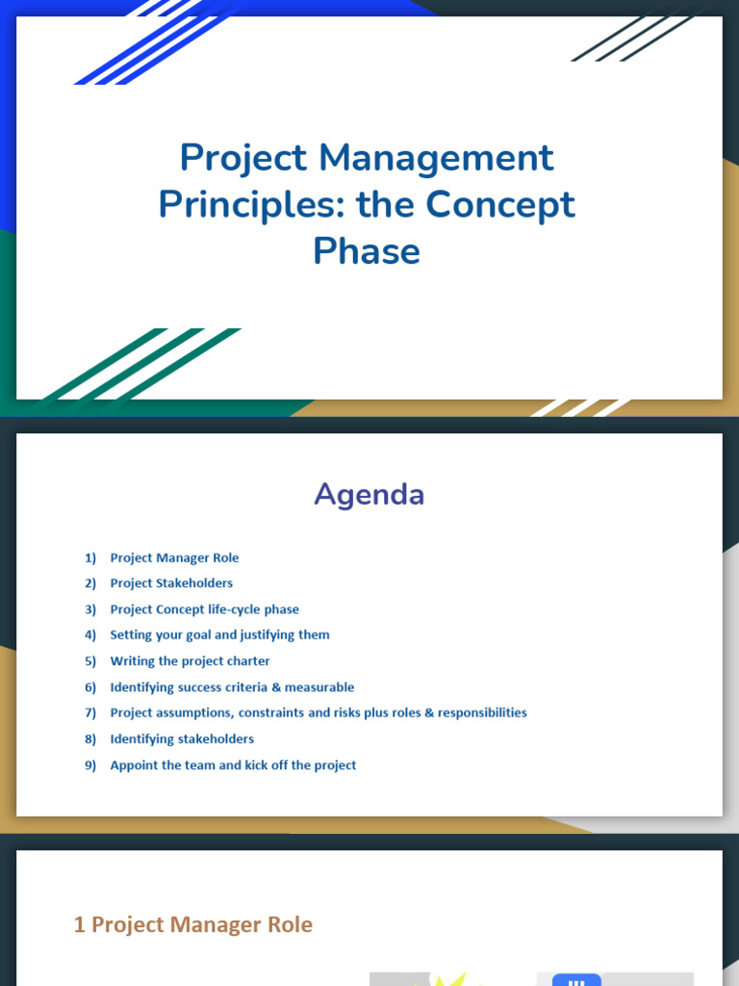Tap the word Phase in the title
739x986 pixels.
click(367, 251)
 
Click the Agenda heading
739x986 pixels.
click(369, 494)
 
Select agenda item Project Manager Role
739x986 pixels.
click(174, 558)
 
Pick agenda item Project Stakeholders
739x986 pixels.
click(171, 583)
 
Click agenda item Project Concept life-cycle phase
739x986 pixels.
click(204, 610)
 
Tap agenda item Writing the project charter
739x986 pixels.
click(190, 662)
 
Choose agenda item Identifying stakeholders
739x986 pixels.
click(182, 739)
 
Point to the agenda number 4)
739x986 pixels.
click(90, 636)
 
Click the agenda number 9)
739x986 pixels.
click(90, 765)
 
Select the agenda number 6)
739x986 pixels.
click(90, 688)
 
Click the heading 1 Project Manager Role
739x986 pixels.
click(193, 924)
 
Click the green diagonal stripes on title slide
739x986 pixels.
click(144, 364)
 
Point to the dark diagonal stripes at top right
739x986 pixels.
click(635, 37)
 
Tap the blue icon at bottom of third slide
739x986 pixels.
click(576, 979)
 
